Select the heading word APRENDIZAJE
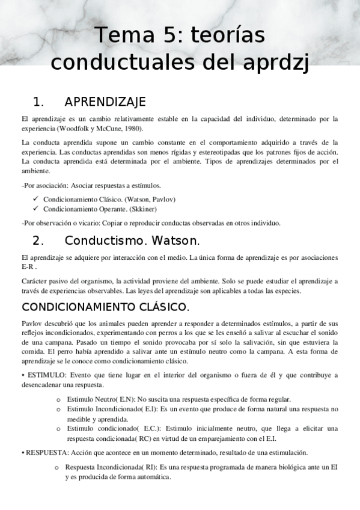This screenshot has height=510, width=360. click(105, 101)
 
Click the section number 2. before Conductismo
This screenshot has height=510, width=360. click(38, 241)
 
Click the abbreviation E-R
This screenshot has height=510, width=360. click(27, 266)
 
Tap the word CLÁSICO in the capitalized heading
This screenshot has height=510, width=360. click(160, 307)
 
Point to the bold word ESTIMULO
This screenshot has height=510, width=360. click(43, 375)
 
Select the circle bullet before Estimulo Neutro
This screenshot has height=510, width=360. click(58, 400)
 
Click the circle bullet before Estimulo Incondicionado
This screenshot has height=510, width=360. click(58, 410)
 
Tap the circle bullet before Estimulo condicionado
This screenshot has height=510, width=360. click(58, 429)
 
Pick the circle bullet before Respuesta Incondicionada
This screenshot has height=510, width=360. click(58, 467)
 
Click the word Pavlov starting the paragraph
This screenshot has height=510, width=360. click(31, 322)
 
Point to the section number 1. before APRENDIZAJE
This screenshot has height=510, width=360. click(38, 101)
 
